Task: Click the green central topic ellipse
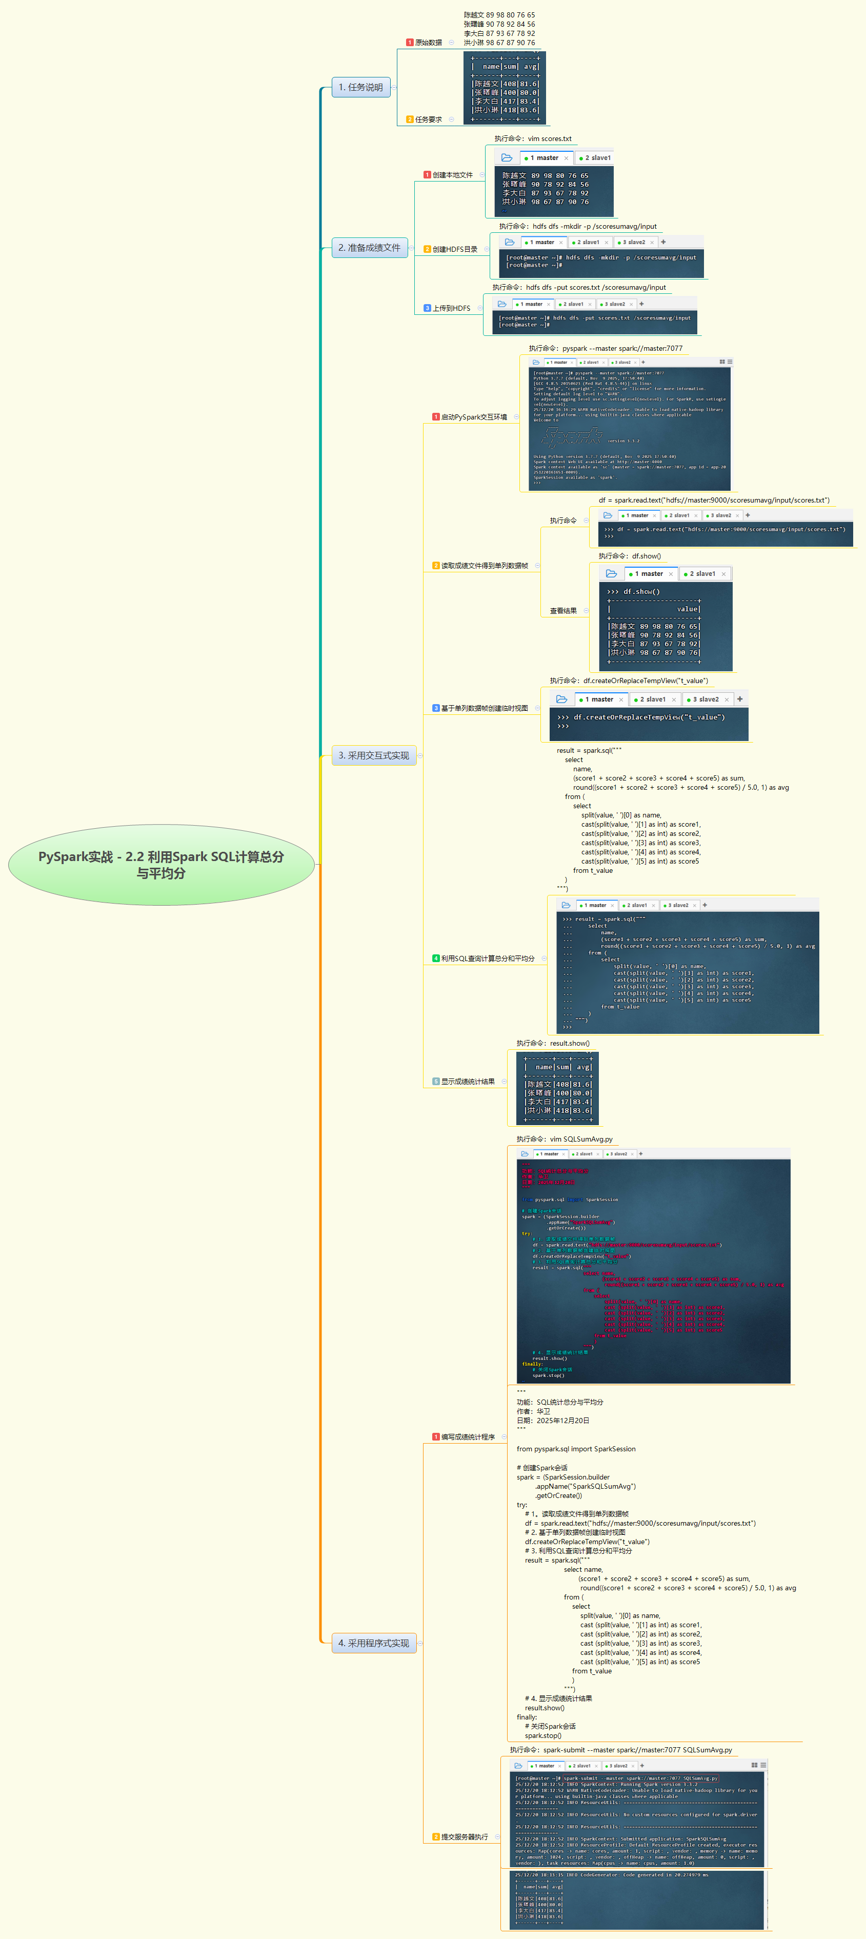(x=161, y=865)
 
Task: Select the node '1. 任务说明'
(x=361, y=87)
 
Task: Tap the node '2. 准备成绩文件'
(x=370, y=248)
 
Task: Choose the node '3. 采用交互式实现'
(x=374, y=755)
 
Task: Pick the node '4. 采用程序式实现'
(x=374, y=1643)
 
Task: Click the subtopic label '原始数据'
(x=428, y=42)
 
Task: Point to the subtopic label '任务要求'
(x=428, y=119)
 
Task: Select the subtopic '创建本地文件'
(x=452, y=175)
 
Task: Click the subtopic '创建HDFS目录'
(x=454, y=249)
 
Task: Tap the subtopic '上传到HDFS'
(x=451, y=308)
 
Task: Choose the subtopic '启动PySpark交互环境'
(x=473, y=417)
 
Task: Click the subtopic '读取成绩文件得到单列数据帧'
(x=484, y=565)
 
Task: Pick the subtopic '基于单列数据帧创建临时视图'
(x=484, y=708)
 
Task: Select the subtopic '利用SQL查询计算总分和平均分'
(x=487, y=958)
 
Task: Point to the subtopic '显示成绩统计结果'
(x=467, y=1081)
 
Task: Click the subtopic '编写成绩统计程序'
(x=467, y=1437)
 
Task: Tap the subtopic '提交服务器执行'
(x=464, y=1836)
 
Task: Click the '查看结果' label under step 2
(x=563, y=610)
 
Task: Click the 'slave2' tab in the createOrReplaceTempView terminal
(x=705, y=699)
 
